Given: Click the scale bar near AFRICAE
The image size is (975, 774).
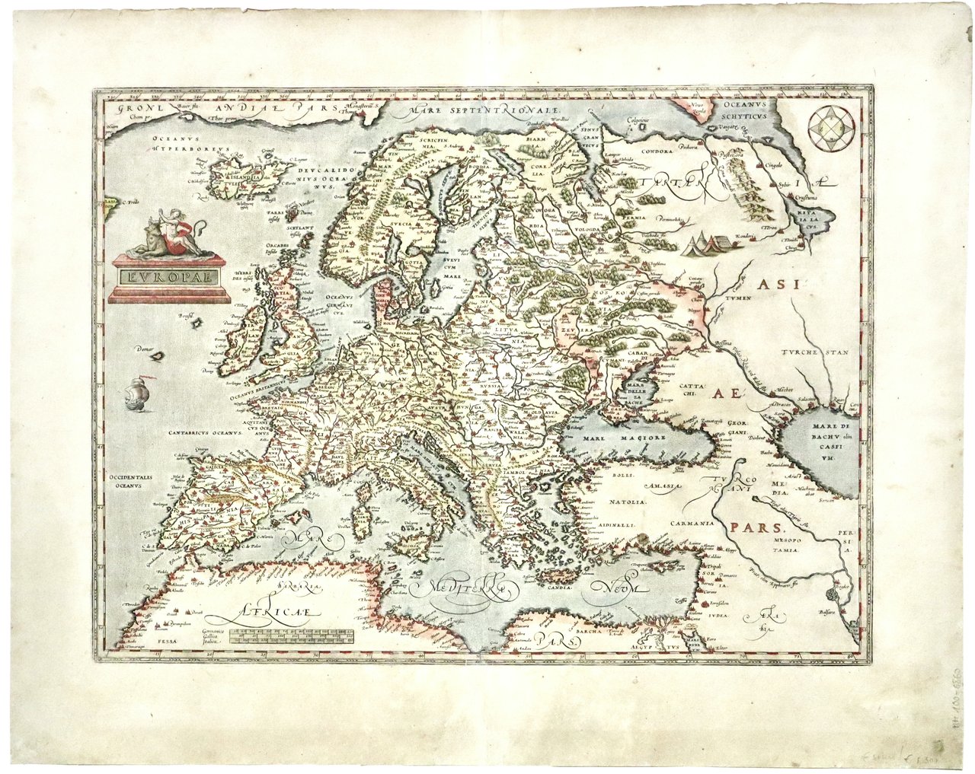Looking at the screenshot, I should (292, 637).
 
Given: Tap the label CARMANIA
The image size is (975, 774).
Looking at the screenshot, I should (690, 524).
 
